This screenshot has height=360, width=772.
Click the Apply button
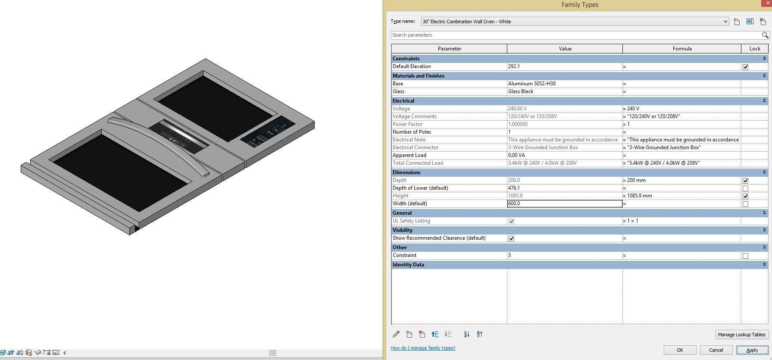click(752, 350)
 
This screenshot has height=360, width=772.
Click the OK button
click(680, 350)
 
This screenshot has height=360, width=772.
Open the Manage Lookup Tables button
click(741, 335)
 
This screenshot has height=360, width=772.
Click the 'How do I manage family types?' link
click(423, 348)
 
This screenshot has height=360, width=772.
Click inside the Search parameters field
click(575, 35)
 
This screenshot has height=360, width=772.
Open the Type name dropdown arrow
click(725, 22)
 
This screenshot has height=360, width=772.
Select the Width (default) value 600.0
click(564, 203)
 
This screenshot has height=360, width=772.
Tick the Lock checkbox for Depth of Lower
click(745, 188)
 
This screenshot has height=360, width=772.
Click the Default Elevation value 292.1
click(564, 66)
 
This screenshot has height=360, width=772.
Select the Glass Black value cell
click(564, 91)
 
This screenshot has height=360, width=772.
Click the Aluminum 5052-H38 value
click(564, 84)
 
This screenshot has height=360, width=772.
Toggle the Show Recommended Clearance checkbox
click(511, 238)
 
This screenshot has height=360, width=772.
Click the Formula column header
click(681, 49)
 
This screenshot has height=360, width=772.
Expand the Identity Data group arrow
click(764, 265)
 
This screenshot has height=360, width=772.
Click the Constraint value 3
click(564, 255)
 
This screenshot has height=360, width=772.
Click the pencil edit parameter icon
click(396, 334)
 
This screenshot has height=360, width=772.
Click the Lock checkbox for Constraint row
click(745, 256)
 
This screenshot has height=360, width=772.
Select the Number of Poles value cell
click(564, 132)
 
